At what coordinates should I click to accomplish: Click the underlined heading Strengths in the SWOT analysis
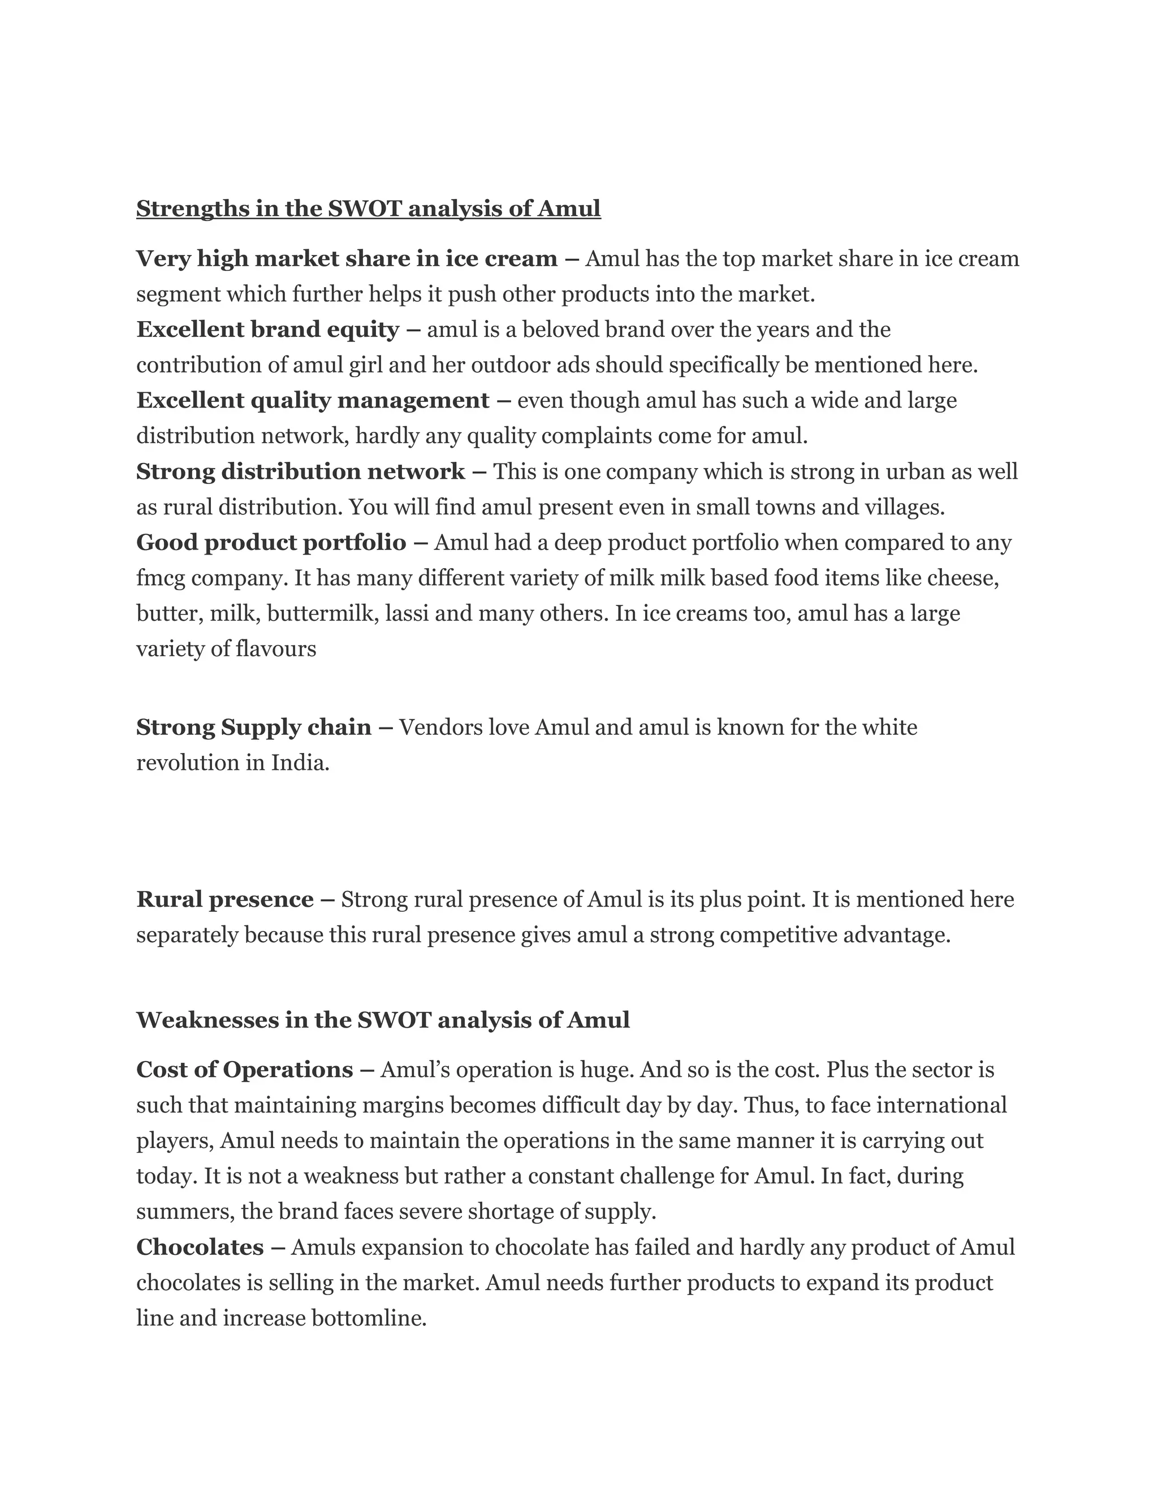[x=369, y=209]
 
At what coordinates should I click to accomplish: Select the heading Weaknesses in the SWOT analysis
[x=383, y=1020]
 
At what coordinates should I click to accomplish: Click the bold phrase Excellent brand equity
[x=267, y=330]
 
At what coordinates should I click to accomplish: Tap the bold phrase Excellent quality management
[x=313, y=401]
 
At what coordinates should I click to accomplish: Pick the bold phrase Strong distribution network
[x=300, y=472]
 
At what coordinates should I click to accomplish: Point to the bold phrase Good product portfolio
[x=271, y=543]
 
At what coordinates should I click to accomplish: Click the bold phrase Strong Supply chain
[x=254, y=727]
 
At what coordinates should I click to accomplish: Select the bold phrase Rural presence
[x=225, y=899]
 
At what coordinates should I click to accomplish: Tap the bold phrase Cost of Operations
[x=245, y=1070]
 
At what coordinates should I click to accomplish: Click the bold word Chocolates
[x=200, y=1247]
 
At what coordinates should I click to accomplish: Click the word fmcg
[x=161, y=579]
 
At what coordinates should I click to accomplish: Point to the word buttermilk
[x=322, y=613]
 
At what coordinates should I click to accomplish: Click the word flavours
[x=276, y=649]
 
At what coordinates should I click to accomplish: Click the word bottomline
[x=369, y=1318]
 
